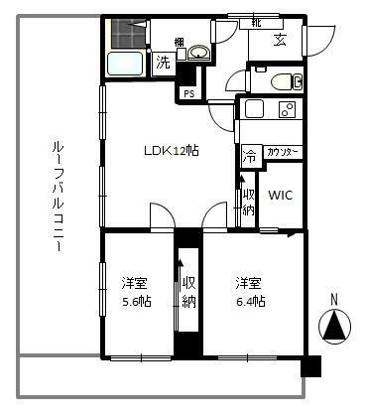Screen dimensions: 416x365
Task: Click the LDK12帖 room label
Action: pyautogui.click(x=172, y=151)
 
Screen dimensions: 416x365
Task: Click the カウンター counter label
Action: pyautogui.click(x=284, y=151)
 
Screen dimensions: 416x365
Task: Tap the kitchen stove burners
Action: pyautogui.click(x=288, y=109)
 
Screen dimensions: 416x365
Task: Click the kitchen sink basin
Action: pyautogui.click(x=255, y=109)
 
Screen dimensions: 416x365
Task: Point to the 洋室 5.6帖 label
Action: pyautogui.click(x=135, y=290)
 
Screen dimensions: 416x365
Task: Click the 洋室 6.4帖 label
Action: pyautogui.click(x=249, y=290)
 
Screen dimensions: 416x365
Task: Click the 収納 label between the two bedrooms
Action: pyautogui.click(x=187, y=291)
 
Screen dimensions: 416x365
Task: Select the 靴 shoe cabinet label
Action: pyautogui.click(x=256, y=21)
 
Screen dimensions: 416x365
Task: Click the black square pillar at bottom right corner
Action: pyautogui.click(x=310, y=365)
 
